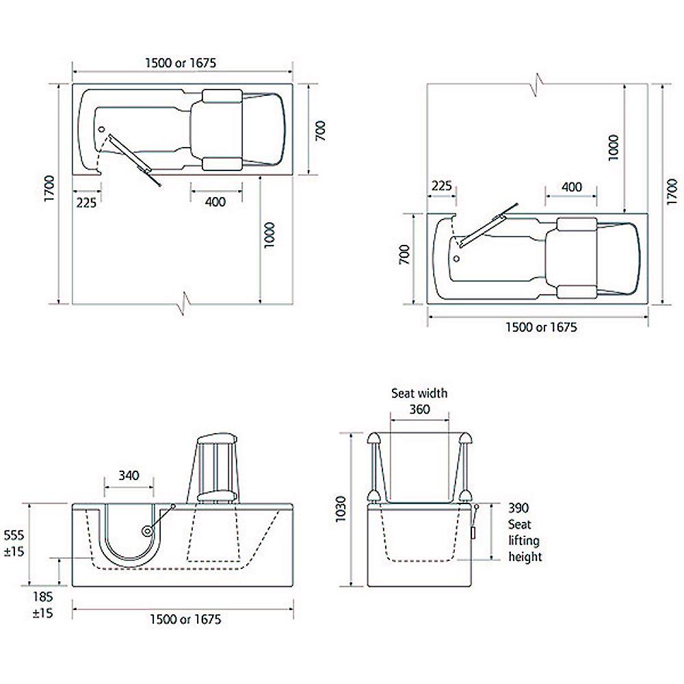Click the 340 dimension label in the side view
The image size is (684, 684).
pyautogui.click(x=129, y=475)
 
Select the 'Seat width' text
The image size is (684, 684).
pyautogui.click(x=419, y=393)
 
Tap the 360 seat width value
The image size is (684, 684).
pyautogui.click(x=420, y=409)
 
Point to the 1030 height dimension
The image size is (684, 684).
pyautogui.click(x=341, y=509)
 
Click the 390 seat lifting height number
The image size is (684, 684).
pyautogui.click(x=518, y=508)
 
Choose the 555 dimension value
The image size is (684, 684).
pyautogui.click(x=14, y=535)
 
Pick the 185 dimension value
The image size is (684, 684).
pyautogui.click(x=42, y=596)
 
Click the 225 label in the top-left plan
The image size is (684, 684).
pyautogui.click(x=86, y=202)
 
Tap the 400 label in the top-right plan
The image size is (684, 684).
pyautogui.click(x=571, y=187)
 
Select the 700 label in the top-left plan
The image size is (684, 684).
pyautogui.click(x=321, y=130)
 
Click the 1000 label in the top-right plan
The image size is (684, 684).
pyautogui.click(x=614, y=148)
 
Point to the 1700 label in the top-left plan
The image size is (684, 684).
pyautogui.click(x=50, y=188)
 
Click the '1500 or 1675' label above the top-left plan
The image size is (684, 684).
pyautogui.click(x=181, y=63)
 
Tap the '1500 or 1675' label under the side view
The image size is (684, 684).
pyautogui.click(x=185, y=619)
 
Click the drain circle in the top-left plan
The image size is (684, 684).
pyautogui.click(x=102, y=129)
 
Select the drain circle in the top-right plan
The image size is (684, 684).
pyautogui.click(x=457, y=259)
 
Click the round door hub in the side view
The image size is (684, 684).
pyautogui.click(x=148, y=531)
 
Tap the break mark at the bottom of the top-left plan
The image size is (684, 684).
pyautogui.click(x=185, y=302)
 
